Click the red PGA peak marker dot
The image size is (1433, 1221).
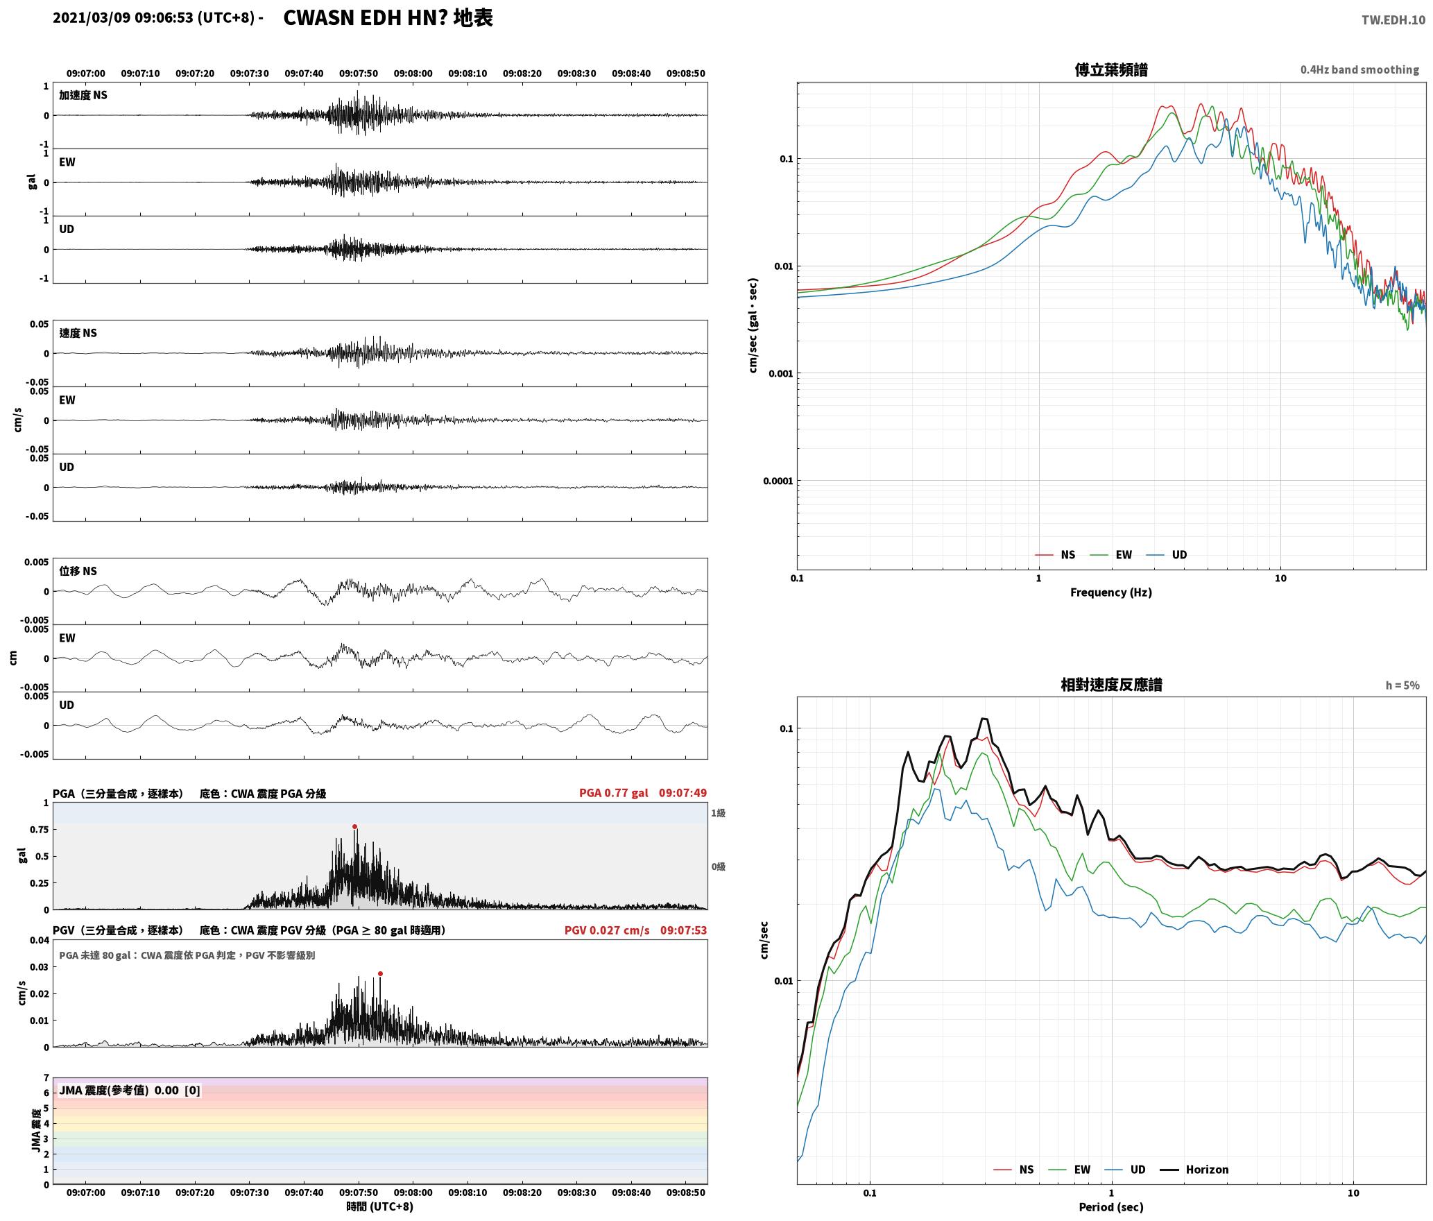click(354, 827)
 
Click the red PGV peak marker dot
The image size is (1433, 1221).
click(380, 974)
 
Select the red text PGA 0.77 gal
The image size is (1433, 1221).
click(614, 793)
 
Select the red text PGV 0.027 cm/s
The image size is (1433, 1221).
click(607, 930)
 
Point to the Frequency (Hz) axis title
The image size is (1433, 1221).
click(1110, 592)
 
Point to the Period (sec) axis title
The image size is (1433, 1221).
click(1110, 1207)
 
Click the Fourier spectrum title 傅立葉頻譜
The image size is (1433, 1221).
click(1111, 70)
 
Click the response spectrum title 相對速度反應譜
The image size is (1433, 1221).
click(1111, 685)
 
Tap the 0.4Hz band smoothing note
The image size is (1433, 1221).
click(1359, 70)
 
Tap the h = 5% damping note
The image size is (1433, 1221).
click(1402, 685)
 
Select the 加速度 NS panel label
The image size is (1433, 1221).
click(83, 96)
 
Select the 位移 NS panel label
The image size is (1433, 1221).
click(78, 572)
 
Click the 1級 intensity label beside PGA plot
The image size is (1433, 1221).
click(718, 813)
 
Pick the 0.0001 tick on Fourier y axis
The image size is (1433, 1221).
click(778, 481)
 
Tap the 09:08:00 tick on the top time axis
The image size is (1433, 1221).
click(413, 74)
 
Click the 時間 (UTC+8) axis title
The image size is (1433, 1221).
click(380, 1207)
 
